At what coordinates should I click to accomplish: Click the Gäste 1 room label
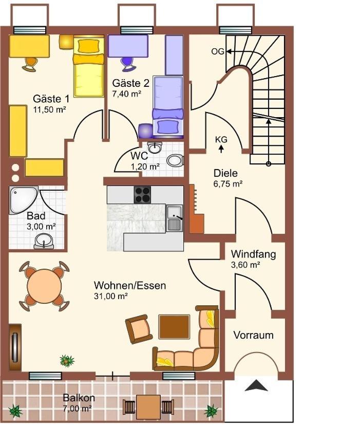coord(51,99)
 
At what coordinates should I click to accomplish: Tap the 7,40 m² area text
coord(126,94)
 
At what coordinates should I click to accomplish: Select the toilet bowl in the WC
coord(175,160)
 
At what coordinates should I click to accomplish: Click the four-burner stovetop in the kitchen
coord(142,195)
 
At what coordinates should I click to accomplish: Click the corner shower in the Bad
coord(22,199)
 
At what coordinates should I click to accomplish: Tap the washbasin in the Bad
coord(44,241)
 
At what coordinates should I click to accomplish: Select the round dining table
coord(45,286)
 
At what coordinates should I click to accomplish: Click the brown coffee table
coord(174,327)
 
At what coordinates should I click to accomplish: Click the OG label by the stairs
coord(218,51)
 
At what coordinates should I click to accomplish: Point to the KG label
coord(221,140)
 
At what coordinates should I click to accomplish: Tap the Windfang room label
coord(253,254)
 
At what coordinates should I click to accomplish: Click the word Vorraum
coord(253,335)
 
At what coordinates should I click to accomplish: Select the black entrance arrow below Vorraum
coord(256,385)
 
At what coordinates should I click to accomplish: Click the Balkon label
coord(79,398)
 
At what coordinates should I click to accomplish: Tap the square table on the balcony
coord(148,407)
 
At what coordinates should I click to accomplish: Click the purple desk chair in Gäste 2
coord(127,64)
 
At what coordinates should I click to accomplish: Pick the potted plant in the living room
coord(67,361)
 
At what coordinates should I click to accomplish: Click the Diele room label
coord(225,173)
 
